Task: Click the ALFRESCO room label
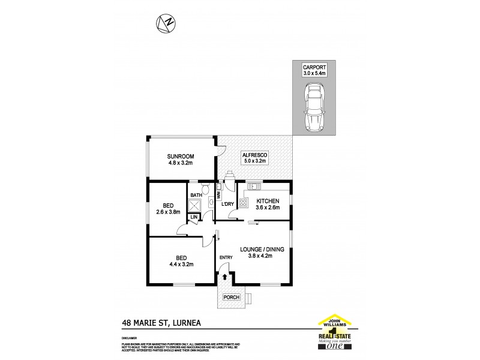pyautogui.click(x=255, y=155)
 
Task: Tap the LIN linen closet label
pyautogui.click(x=194, y=217)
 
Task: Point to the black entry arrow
pyautogui.click(x=226, y=277)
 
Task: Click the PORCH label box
pyautogui.click(x=232, y=297)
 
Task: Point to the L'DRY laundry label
pyautogui.click(x=227, y=205)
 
